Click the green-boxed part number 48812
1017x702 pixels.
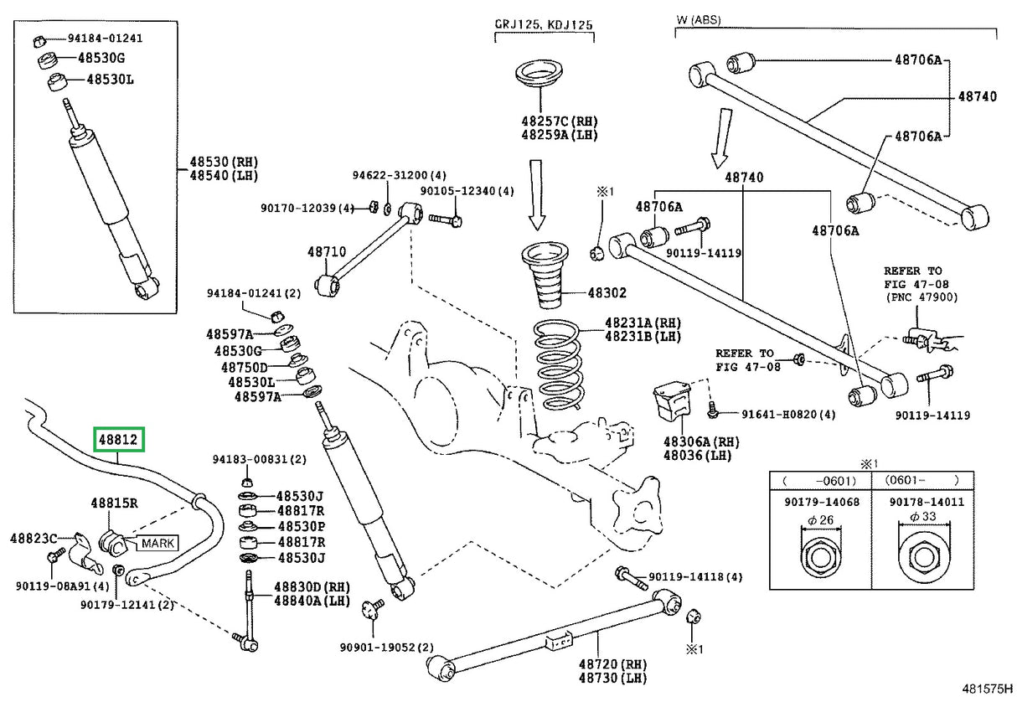point(119,438)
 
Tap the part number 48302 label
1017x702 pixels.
point(607,293)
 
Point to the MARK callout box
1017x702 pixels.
point(158,543)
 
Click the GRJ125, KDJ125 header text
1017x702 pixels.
point(544,25)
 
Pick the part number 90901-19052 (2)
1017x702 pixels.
point(387,647)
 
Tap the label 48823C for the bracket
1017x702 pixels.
point(34,537)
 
